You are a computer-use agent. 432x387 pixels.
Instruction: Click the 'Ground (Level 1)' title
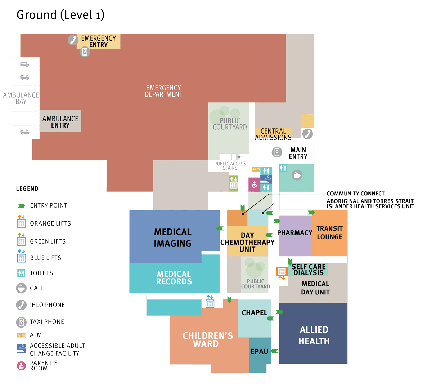tap(60, 15)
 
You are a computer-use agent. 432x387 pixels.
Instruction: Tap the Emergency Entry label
tap(98, 41)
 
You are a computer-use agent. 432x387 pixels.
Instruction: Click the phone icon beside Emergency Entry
tap(73, 40)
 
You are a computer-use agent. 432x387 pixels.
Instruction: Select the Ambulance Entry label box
tap(60, 121)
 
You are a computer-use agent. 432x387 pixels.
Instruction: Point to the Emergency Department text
tap(163, 91)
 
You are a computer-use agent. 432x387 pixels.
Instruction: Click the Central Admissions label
tap(273, 134)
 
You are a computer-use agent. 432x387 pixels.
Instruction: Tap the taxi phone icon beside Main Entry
tap(276, 152)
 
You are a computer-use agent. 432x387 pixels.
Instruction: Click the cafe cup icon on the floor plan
tap(297, 175)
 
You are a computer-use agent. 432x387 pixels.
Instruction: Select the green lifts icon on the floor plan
tap(234, 183)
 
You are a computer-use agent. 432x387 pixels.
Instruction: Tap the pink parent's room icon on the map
tap(254, 185)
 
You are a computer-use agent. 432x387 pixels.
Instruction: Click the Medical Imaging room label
tap(173, 238)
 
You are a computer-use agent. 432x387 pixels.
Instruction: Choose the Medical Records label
tap(174, 278)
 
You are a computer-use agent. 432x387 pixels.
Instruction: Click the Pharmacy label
tap(294, 233)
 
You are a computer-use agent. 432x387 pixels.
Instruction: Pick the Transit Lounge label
tap(329, 233)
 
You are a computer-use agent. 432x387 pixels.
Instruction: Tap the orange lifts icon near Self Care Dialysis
tap(282, 272)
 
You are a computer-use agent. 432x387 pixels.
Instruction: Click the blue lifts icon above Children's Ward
tap(210, 302)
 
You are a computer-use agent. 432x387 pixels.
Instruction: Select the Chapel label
tap(254, 313)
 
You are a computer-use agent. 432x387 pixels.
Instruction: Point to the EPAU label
tap(259, 351)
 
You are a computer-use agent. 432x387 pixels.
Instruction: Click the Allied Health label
tap(314, 335)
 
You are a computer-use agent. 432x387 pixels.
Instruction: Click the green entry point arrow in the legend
tap(21, 206)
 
